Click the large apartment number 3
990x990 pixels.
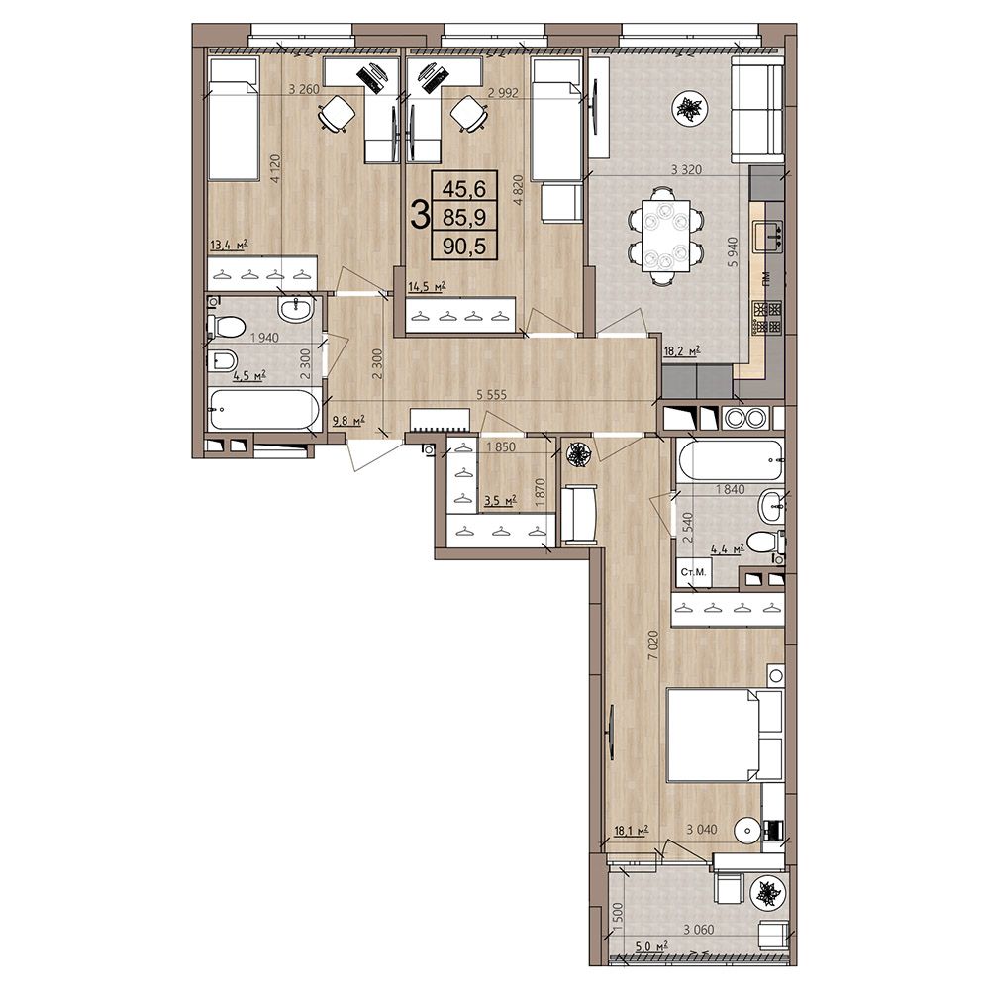pos(419,215)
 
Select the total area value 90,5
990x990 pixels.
pos(464,246)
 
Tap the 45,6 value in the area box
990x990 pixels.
pos(464,187)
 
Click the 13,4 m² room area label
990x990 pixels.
pos(228,245)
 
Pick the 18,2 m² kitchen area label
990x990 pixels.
pos(683,352)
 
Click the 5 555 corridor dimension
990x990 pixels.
pos(491,396)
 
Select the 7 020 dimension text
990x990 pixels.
pos(652,645)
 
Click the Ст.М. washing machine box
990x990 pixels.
pos(693,573)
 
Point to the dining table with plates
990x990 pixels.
pos(665,235)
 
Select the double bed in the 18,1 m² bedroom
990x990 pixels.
pos(726,736)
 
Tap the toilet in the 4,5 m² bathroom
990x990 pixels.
pos(226,326)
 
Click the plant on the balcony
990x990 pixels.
pos(768,894)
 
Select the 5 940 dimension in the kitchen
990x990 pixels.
pos(733,251)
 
